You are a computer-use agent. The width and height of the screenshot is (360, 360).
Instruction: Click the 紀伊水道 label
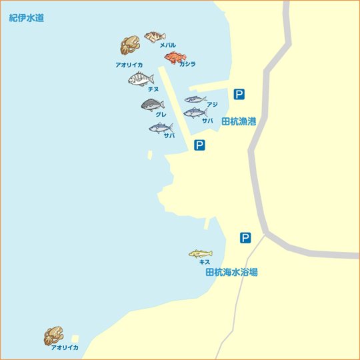pos(27,18)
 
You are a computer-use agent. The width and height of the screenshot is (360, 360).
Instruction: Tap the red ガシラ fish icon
pos(175,57)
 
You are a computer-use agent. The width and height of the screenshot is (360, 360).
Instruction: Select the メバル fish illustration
pos(155,36)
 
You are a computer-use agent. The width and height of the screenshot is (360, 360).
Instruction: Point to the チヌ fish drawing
pos(141,79)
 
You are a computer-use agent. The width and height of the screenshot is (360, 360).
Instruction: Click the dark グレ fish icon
pos(153,105)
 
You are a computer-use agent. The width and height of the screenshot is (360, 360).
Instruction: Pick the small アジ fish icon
pos(195,100)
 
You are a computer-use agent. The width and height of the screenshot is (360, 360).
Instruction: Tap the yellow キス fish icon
pos(200,253)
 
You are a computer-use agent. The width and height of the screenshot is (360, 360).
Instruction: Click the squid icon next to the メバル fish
pos(129,46)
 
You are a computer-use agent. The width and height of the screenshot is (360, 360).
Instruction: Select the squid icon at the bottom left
pos(53,335)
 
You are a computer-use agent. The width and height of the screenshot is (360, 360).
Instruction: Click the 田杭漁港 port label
pos(239,122)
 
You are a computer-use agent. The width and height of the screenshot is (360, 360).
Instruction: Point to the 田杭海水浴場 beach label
pos(231,272)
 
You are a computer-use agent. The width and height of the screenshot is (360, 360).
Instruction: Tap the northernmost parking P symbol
pos(239,94)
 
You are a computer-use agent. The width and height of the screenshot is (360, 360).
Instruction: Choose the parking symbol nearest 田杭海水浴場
pos(245,237)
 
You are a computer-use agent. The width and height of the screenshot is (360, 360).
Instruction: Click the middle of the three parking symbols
pos(199,145)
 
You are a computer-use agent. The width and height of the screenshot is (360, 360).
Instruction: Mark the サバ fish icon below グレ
pos(160,127)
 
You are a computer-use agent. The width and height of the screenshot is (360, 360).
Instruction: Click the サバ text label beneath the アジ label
pos(207,121)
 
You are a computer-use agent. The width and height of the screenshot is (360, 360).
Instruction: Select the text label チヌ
pos(153,89)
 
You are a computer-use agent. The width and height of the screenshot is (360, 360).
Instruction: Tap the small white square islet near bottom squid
pos(75,339)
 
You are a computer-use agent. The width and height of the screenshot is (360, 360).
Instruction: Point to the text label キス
pos(205,262)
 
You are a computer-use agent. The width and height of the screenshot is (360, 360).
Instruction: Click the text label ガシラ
pos(187,64)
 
